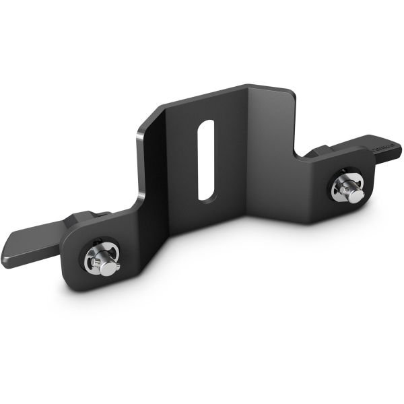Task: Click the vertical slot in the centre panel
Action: pyautogui.click(x=207, y=160)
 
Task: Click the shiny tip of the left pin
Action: pyautogui.click(x=106, y=269)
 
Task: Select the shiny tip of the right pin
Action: pyautogui.click(x=355, y=195)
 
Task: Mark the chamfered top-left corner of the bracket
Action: pyautogui.click(x=144, y=122)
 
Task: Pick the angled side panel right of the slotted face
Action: pyautogui.click(x=269, y=155)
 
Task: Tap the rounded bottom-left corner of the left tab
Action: pyautogui.click(x=74, y=283)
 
